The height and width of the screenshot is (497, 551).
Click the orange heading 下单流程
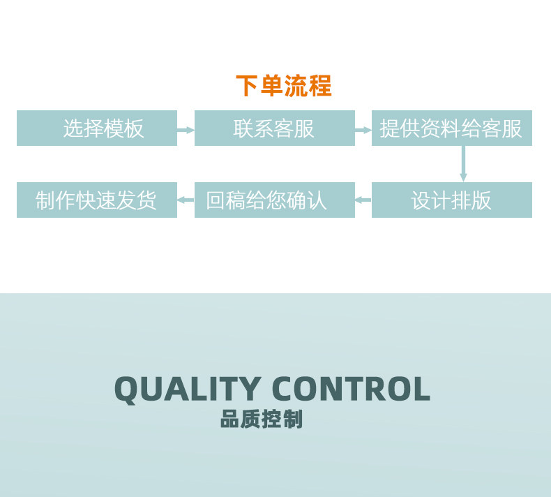pyautogui.click(x=284, y=86)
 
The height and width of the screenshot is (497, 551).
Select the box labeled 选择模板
pyautogui.click(x=97, y=128)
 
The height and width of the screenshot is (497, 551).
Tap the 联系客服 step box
pyautogui.click(x=275, y=128)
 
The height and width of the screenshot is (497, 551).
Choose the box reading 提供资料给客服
pyautogui.click(x=452, y=128)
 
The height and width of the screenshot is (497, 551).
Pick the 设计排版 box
pyautogui.click(x=452, y=200)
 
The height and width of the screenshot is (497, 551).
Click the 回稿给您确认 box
pyautogui.click(x=275, y=200)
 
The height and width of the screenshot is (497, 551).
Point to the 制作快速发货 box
pyautogui.click(x=97, y=200)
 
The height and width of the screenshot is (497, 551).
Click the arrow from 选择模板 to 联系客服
pyautogui.click(x=186, y=130)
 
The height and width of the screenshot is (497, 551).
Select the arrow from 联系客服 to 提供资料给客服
pyautogui.click(x=363, y=130)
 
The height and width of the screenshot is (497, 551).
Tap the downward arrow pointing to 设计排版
pyautogui.click(x=463, y=164)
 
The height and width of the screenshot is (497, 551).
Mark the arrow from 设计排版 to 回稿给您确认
pyautogui.click(x=363, y=200)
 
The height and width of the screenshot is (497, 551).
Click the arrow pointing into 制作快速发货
pyautogui.click(x=186, y=200)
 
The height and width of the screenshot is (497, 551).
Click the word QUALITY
pyautogui.click(x=188, y=390)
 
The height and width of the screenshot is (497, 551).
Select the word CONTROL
pyautogui.click(x=351, y=388)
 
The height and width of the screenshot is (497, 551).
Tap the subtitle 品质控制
pyautogui.click(x=262, y=419)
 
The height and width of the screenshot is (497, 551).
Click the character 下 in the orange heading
pyautogui.click(x=247, y=86)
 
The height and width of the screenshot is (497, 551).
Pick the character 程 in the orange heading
pyautogui.click(x=320, y=86)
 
